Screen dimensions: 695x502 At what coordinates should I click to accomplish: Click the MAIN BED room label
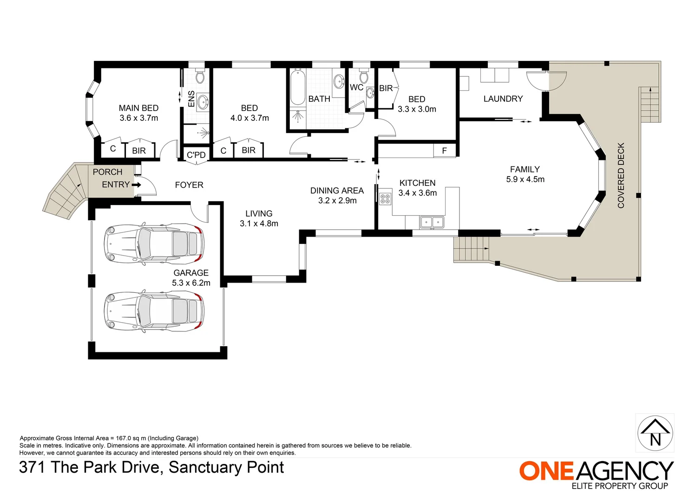coord(138,108)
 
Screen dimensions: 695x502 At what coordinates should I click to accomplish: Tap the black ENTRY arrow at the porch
coord(136,185)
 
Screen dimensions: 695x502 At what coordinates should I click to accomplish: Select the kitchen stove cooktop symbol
coord(385,199)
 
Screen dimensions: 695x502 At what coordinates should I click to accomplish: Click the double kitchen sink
coord(432,222)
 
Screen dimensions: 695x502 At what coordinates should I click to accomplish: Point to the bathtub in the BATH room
coord(298,88)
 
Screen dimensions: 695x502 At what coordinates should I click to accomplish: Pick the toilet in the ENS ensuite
coord(200,77)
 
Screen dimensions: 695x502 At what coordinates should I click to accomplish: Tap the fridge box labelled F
coord(445,151)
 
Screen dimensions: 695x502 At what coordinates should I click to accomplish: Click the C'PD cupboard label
coord(196,155)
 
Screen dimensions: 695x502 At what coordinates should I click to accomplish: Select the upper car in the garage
coord(154,244)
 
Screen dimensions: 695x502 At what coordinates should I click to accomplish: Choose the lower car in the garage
coord(154,311)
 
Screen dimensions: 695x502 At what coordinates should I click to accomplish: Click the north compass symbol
coord(655,433)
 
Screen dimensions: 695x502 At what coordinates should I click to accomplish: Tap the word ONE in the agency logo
coord(546,471)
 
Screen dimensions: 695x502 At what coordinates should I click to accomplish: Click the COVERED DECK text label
coord(621,175)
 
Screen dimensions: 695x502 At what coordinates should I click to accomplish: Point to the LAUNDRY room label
coord(503,99)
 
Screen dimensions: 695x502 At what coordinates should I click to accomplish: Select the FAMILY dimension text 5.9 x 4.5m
coord(525,179)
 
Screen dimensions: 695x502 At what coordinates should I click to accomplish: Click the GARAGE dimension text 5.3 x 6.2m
coord(191,283)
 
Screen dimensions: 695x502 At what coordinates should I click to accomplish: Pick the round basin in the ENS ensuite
coord(203,101)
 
